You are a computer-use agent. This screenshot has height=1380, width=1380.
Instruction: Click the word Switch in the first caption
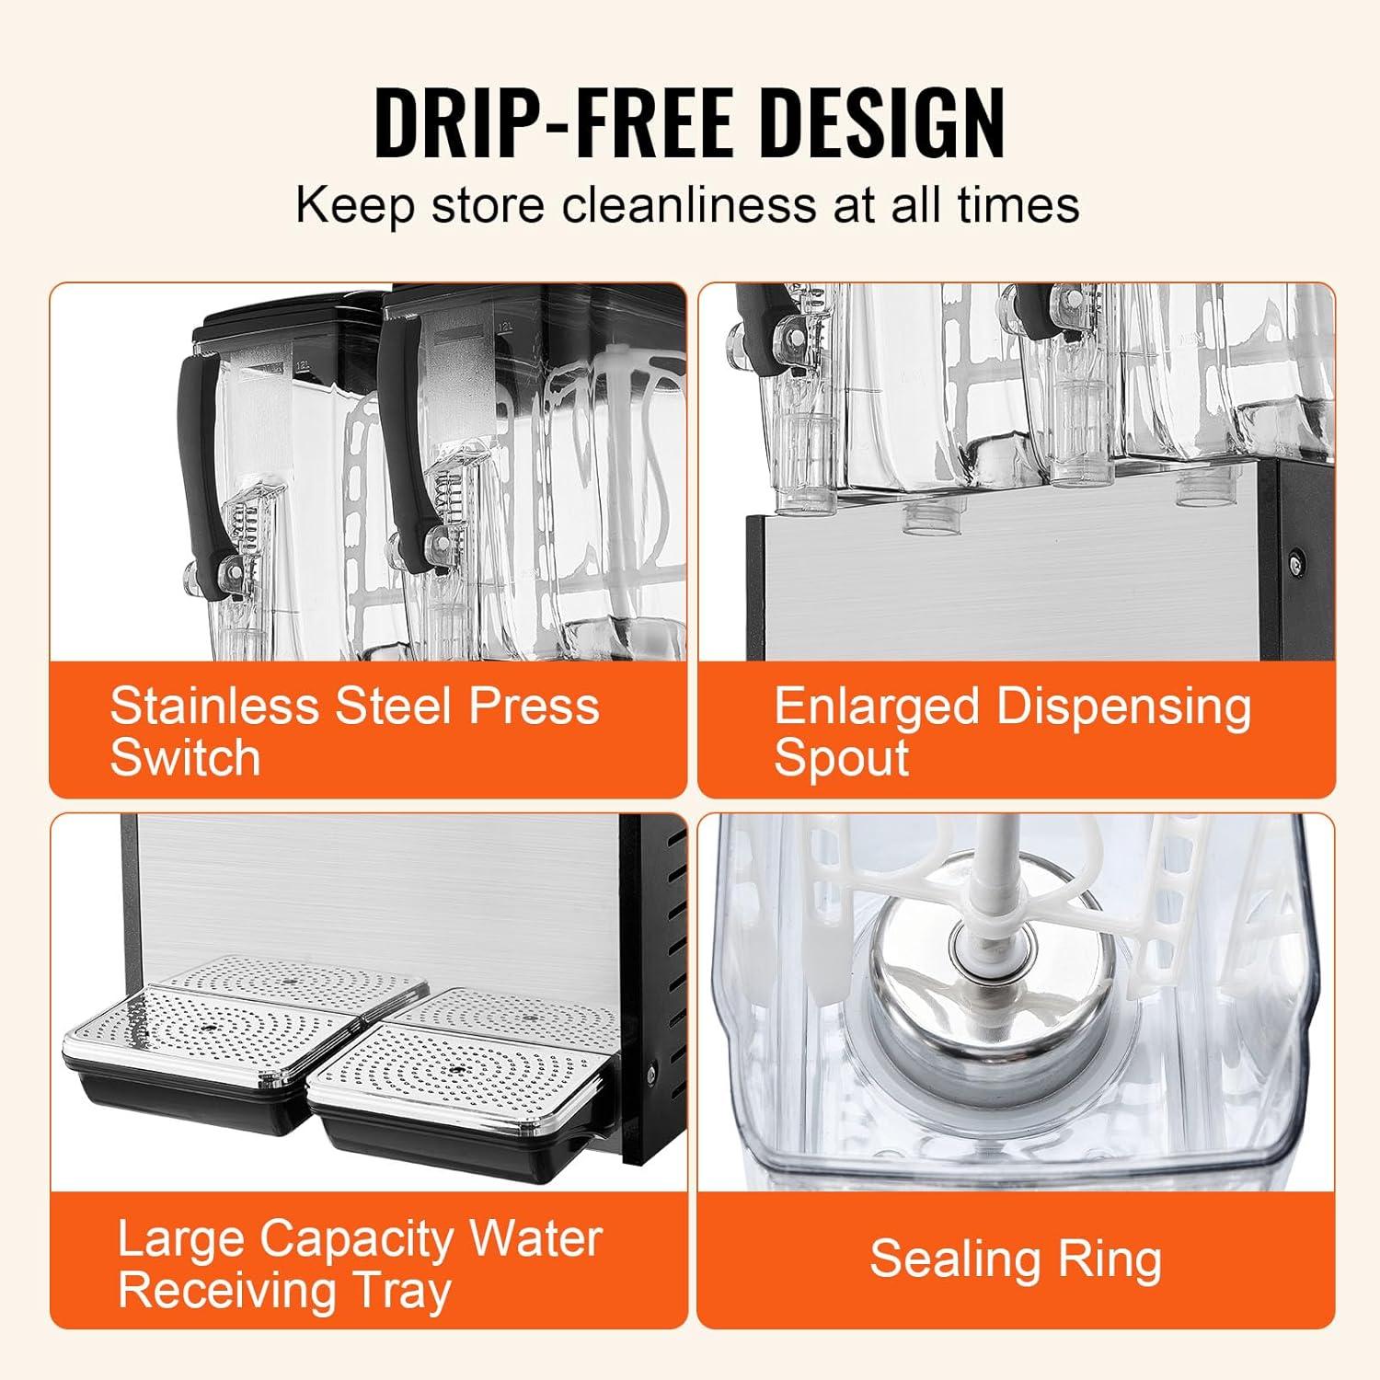coord(185,757)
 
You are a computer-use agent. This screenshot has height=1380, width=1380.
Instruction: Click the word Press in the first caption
coord(535,707)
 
